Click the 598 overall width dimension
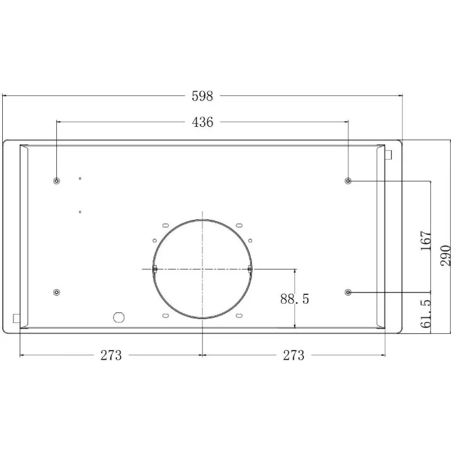pos(202,96)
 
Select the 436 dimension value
pos(202,122)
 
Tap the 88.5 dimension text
pos(294,299)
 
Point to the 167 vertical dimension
pos(426,240)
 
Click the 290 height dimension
pos(445,255)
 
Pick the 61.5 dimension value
pos(426,313)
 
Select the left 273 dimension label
pos(111,355)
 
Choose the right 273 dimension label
pos(294,355)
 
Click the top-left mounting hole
pos(57,181)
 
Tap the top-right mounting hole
pos(348,181)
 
